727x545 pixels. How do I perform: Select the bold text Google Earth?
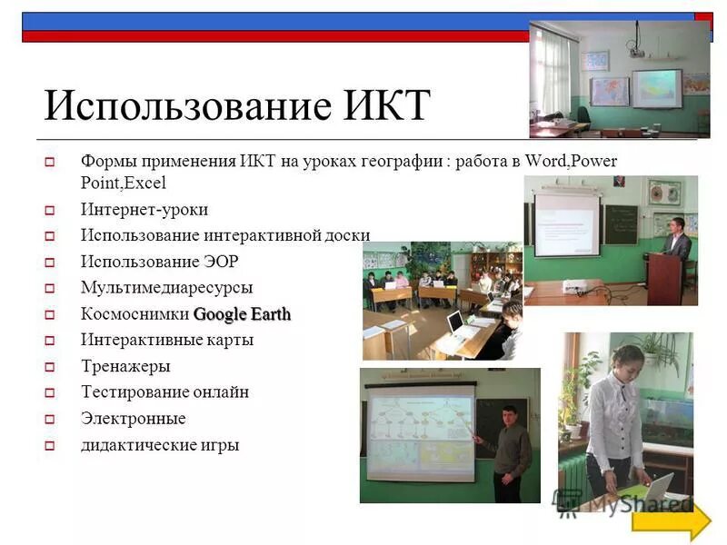click(242, 314)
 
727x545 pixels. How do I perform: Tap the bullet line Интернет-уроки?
click(144, 210)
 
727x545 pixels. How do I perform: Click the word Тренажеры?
click(124, 367)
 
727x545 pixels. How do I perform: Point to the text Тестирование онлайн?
click(164, 392)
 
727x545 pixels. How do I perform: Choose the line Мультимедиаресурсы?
click(166, 288)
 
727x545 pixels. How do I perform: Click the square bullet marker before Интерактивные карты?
click(51, 342)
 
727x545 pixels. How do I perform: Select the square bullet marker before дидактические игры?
click(51, 446)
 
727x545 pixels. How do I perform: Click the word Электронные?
click(133, 419)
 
